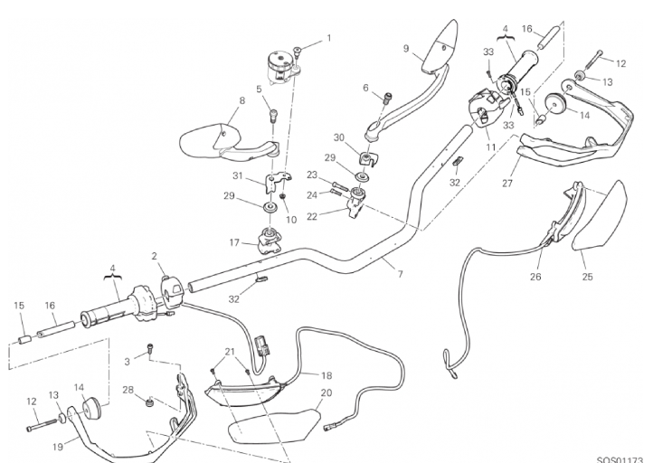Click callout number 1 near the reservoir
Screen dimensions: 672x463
click(329, 38)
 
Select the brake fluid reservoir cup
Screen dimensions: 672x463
click(279, 65)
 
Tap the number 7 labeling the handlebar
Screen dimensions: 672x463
click(401, 274)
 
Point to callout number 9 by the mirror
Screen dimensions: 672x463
click(406, 49)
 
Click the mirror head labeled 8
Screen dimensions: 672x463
click(210, 140)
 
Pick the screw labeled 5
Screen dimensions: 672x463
click(273, 116)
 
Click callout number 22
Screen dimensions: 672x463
click(312, 216)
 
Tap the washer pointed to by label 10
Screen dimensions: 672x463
click(283, 196)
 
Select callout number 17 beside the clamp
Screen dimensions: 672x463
click(234, 243)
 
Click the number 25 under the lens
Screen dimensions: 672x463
click(587, 277)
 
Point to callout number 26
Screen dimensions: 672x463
click(535, 277)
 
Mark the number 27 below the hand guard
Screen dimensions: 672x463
click(507, 184)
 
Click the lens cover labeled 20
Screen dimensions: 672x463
click(274, 425)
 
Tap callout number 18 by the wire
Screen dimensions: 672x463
click(327, 375)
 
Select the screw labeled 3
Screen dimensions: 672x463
click(150, 348)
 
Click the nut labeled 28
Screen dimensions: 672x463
click(149, 402)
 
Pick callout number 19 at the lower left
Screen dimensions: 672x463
click(58, 447)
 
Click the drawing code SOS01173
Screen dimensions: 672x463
click(620, 460)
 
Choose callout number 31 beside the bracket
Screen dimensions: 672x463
click(238, 175)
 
